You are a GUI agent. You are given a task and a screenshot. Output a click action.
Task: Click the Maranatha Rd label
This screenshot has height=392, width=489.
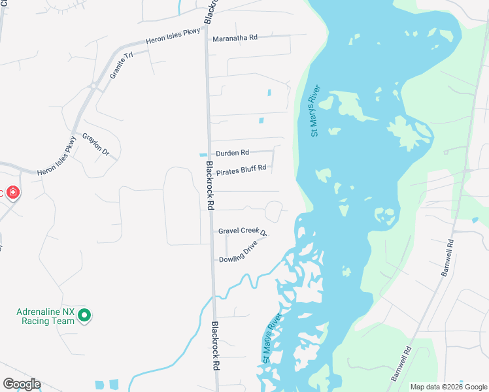coord(235,38)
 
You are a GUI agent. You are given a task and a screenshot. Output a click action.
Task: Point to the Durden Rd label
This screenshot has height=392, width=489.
coord(233,153)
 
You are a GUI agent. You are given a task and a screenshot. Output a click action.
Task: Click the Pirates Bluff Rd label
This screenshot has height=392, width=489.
coord(241,168)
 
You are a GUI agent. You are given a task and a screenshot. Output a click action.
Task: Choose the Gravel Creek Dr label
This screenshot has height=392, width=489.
coord(243,231)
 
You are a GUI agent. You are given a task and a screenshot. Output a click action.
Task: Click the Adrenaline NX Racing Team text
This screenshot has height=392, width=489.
coord(46,316)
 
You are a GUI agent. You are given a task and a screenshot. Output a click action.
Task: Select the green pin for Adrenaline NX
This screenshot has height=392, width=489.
coord(84,316)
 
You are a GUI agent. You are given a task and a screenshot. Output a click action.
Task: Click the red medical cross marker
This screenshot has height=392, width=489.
coord(12,193)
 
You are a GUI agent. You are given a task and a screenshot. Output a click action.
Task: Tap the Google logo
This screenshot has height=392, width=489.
coord(22,384)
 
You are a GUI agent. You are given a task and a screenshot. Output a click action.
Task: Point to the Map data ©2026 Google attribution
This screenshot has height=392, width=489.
coord(448,387)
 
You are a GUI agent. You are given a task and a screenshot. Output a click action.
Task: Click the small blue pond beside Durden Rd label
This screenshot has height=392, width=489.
coord(203,155)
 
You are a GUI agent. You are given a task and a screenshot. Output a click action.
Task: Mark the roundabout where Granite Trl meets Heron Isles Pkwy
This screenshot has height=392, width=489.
coord(94,86)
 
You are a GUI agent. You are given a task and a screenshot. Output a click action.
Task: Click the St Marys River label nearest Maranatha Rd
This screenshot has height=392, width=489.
coord(315,110)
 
